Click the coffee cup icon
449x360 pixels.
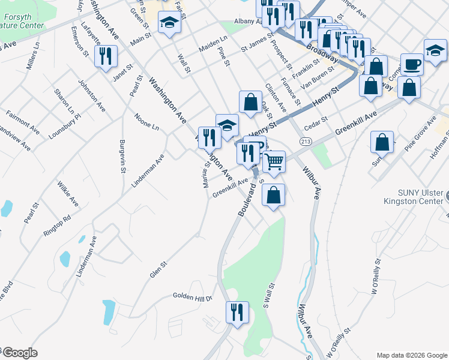(412, 64)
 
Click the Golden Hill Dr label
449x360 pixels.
(193, 296)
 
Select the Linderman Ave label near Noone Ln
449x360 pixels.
(147, 170)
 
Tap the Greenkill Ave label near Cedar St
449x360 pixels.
(356, 122)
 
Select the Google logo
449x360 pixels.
(19, 353)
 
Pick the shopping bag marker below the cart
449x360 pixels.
(274, 195)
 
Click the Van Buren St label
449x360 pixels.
(316, 83)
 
